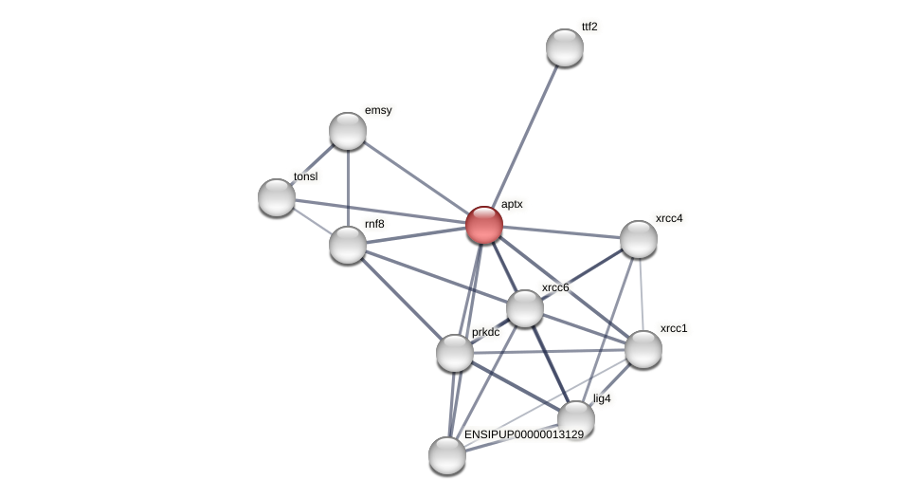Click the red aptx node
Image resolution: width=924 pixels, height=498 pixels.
[484, 225]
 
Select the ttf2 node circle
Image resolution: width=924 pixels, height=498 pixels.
[565, 47]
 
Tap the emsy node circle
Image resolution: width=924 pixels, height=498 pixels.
[348, 131]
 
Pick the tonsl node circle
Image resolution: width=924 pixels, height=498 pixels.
[277, 197]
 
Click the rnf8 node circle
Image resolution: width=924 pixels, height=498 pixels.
[348, 245]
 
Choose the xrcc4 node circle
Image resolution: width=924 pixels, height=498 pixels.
[639, 239]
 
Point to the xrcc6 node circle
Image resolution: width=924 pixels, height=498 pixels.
[525, 308]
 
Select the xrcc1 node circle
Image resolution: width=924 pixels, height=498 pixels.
[643, 349]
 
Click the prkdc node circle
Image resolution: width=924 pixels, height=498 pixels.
[455, 353]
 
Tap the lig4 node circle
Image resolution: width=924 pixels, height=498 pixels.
[576, 419]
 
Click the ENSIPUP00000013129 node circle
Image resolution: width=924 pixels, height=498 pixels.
[447, 455]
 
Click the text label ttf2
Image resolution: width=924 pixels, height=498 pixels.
[589, 27]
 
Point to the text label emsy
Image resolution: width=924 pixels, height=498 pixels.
[378, 110]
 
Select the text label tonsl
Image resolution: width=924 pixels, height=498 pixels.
[305, 176]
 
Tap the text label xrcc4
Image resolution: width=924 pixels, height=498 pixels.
[669, 218]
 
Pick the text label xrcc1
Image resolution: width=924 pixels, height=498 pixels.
[674, 328]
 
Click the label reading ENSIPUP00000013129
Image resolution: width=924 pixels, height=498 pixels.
[524, 434]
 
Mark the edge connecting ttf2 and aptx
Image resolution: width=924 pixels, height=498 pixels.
[524, 137]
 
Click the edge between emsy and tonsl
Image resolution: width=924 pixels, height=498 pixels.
[313, 164]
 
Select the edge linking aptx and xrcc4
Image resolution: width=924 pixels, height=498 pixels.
[561, 231]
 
